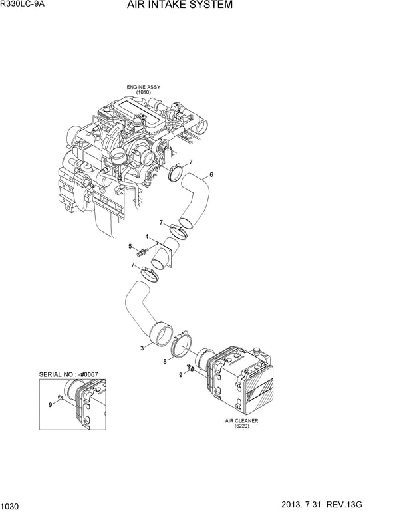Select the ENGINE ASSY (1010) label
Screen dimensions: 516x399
click(x=144, y=90)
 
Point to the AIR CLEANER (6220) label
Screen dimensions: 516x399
click(x=241, y=424)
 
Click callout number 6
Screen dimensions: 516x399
click(x=211, y=175)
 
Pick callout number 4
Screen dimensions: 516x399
click(x=148, y=236)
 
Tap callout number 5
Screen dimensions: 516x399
click(x=130, y=247)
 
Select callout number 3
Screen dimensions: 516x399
click(x=142, y=347)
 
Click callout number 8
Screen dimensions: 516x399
click(x=165, y=362)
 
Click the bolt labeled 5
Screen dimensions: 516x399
click(x=141, y=253)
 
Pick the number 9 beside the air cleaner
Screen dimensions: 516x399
click(x=180, y=375)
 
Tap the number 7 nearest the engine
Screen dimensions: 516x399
click(x=190, y=162)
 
